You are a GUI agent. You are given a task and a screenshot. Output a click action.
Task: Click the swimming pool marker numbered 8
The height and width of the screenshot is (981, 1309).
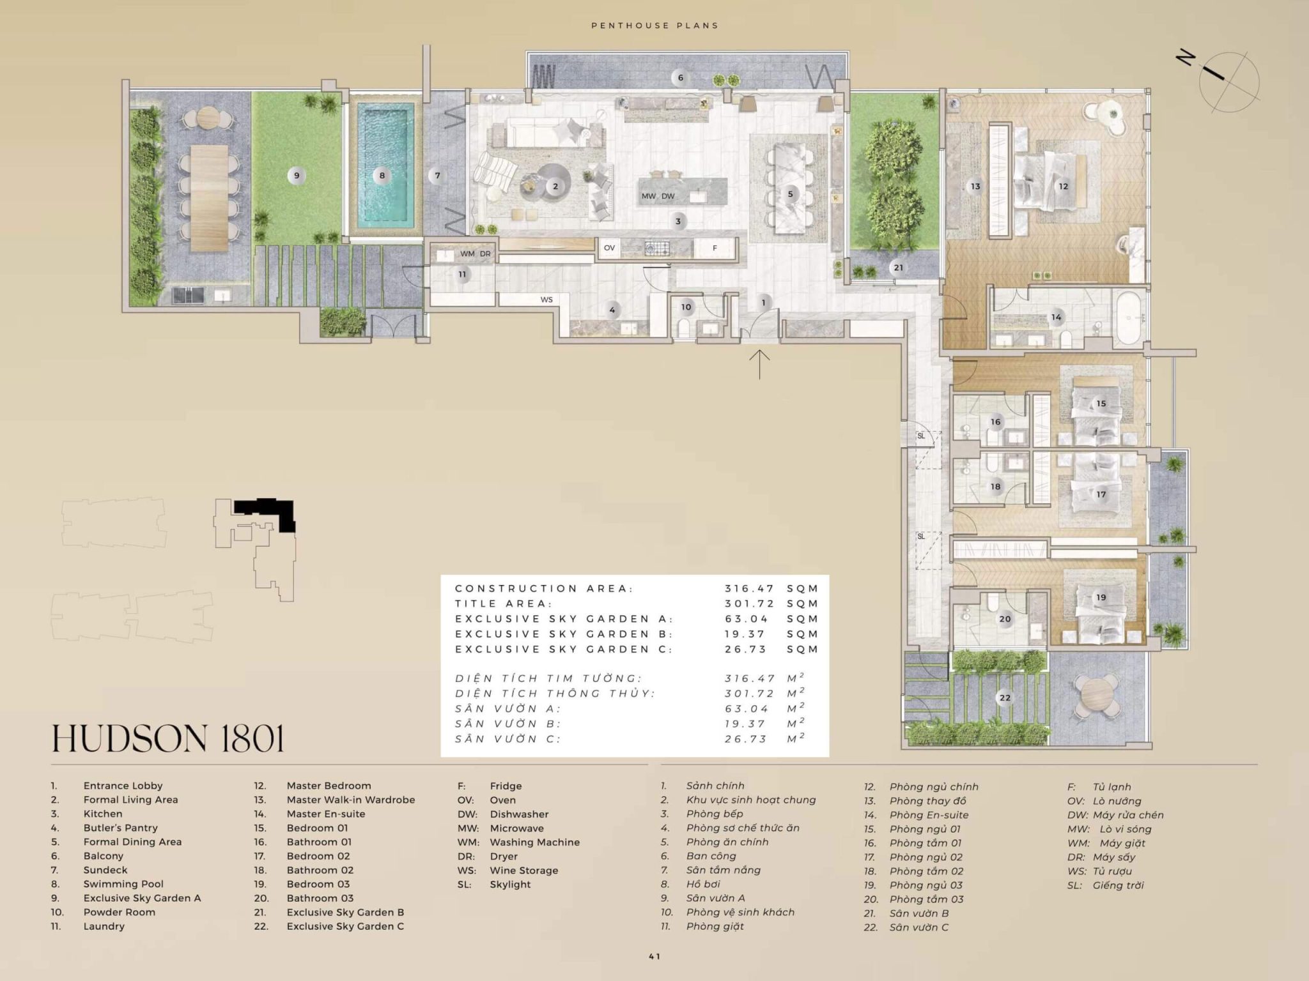pos(382,176)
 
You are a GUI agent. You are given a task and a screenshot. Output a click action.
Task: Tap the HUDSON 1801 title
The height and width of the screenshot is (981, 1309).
pos(167,738)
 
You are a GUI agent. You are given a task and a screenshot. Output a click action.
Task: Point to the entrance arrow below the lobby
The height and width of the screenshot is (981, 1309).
pos(759,364)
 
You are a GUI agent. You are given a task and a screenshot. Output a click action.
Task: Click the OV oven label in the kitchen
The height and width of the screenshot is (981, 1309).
pos(609,248)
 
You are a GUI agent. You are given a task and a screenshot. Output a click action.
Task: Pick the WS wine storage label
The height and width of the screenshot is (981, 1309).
pos(546,300)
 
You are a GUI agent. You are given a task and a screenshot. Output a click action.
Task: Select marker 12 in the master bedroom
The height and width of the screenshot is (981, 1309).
pos(1063,186)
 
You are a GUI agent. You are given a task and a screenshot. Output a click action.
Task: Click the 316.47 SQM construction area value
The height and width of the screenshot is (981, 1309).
pos(771,588)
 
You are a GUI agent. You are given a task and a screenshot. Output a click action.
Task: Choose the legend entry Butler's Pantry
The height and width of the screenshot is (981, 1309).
pos(120,828)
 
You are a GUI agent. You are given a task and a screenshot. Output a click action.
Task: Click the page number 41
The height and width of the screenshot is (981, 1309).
pos(654,956)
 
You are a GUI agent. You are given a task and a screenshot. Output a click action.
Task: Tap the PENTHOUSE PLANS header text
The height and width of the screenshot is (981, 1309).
pos(654,26)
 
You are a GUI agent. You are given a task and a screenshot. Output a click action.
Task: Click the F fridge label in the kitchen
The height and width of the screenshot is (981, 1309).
pos(715,248)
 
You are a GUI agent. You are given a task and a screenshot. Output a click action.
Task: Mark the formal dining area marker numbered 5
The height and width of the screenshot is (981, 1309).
pos(790,194)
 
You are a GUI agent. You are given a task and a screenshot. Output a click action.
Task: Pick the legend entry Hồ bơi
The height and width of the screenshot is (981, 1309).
pos(703,884)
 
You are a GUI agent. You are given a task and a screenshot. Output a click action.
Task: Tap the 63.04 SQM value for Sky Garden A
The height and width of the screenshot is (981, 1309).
pos(771,619)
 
